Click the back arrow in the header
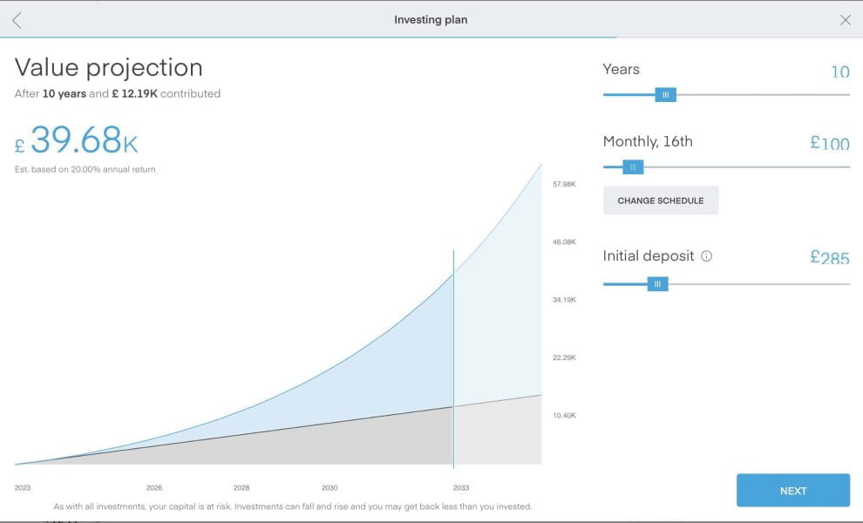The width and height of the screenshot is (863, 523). (x=17, y=20)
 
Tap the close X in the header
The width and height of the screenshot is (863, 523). (x=845, y=20)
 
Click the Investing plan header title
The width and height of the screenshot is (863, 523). (x=431, y=20)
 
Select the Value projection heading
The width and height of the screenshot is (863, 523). (x=109, y=67)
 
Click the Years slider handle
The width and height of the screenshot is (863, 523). (x=665, y=94)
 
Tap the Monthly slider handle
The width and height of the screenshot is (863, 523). (x=633, y=166)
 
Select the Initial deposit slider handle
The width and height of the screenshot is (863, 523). (x=657, y=283)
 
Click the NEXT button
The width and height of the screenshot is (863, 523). (x=792, y=491)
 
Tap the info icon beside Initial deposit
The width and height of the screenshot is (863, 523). (x=707, y=256)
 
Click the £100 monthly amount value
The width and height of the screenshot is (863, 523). (x=829, y=143)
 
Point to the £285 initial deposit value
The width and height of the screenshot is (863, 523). (x=829, y=257)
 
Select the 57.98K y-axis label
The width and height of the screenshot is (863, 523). (x=564, y=184)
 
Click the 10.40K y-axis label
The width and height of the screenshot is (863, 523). (x=564, y=415)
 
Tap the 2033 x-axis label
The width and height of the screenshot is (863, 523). (x=461, y=488)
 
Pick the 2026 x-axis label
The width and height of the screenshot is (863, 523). (x=154, y=488)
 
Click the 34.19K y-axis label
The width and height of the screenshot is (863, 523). (x=564, y=300)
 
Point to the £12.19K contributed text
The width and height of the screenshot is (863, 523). (x=134, y=93)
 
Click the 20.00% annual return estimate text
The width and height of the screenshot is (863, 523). (x=85, y=169)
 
